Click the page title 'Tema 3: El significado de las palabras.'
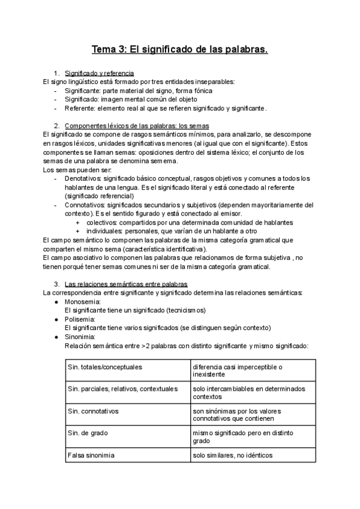179,49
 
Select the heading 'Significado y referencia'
103,73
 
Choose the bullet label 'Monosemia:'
83,301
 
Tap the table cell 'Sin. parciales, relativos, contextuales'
124,389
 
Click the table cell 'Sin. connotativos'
94,411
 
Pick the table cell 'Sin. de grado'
88,433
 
